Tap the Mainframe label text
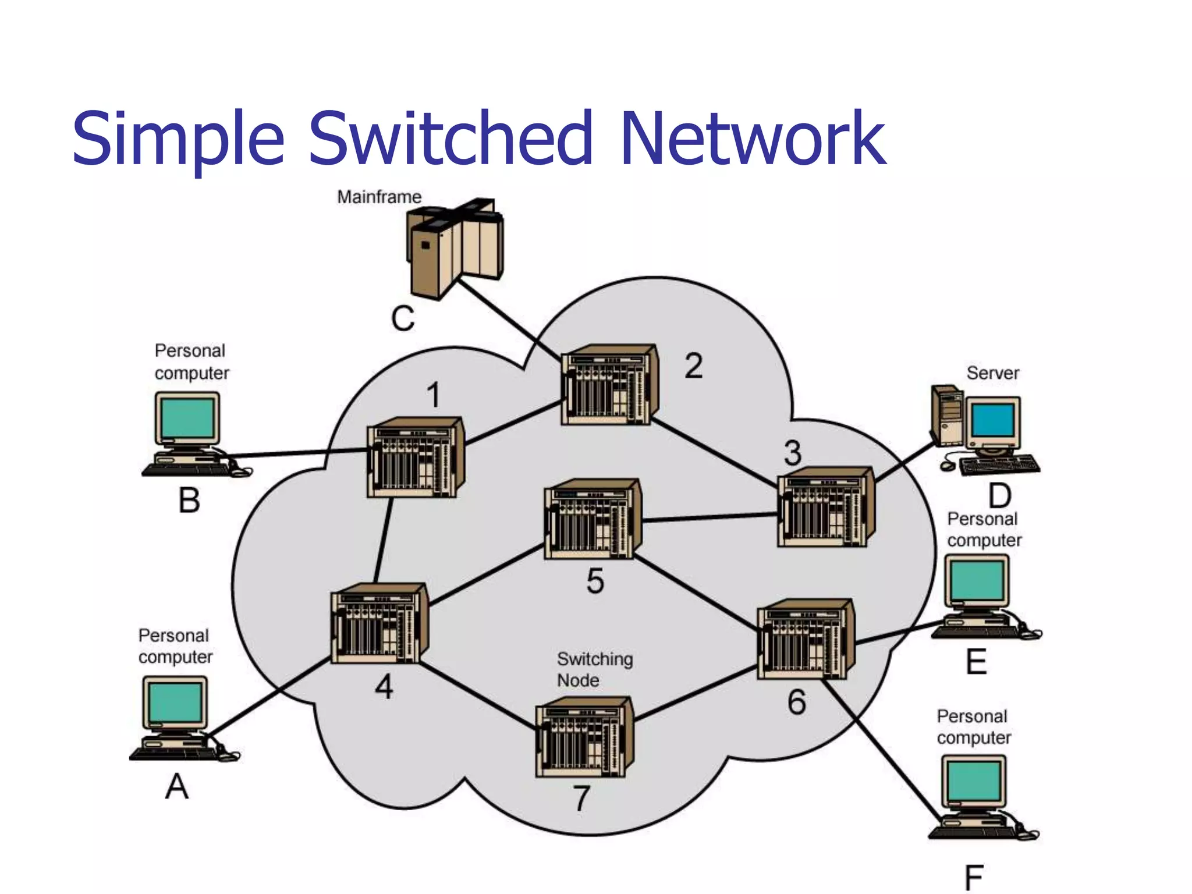point(379,197)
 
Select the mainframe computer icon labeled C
point(454,247)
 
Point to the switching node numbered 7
point(583,738)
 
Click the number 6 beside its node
point(796,702)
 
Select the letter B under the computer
point(189,501)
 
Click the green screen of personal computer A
point(175,702)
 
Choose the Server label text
point(992,373)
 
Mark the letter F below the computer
point(973,878)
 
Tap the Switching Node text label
point(594,669)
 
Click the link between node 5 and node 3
point(710,517)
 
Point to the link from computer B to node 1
point(297,453)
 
